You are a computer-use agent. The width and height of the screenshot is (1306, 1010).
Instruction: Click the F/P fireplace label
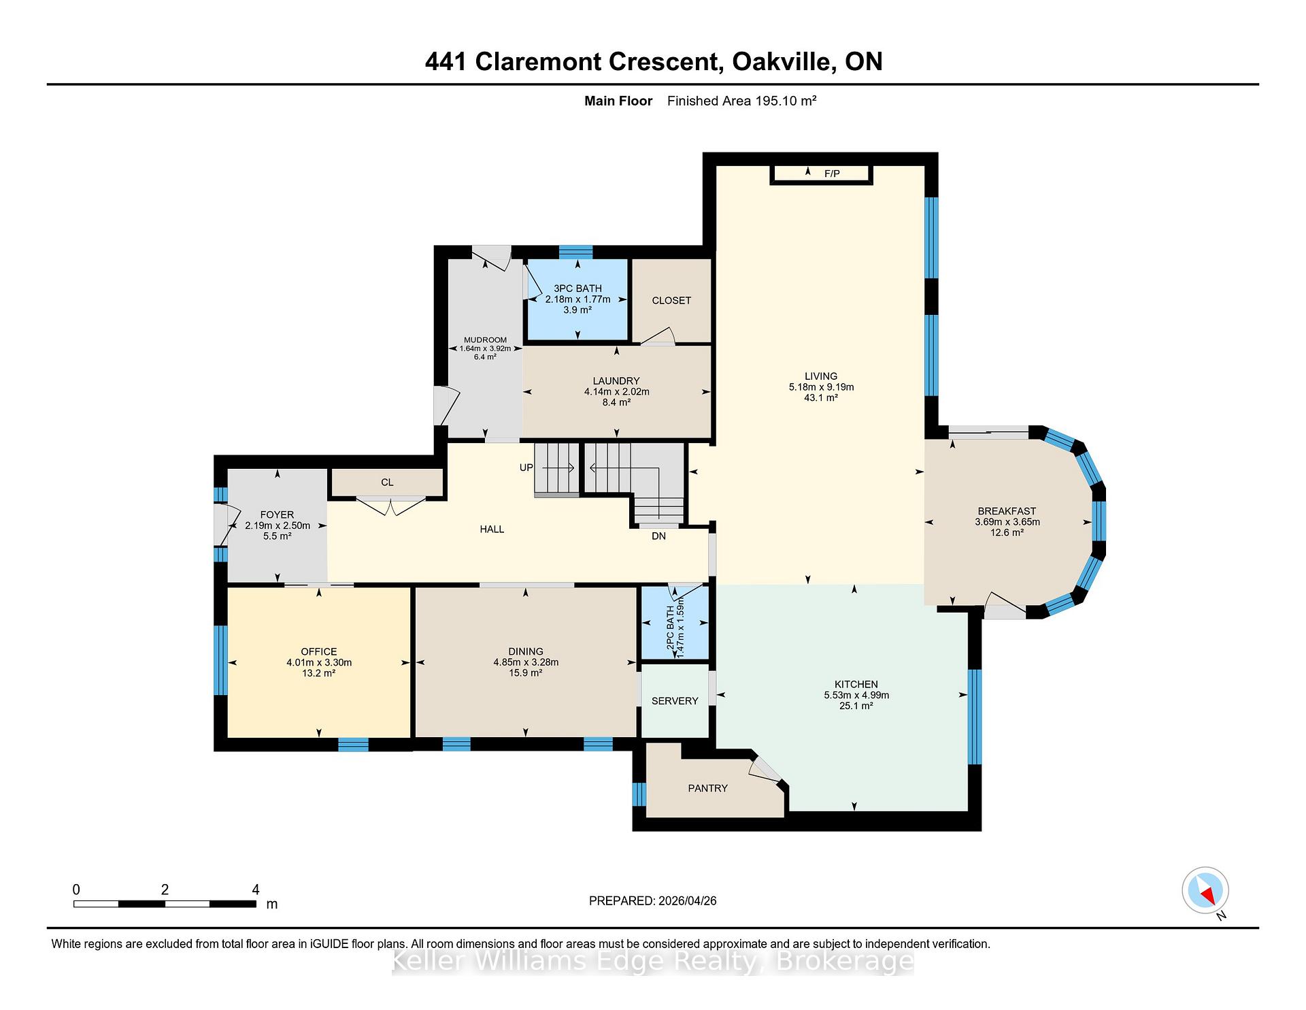[x=832, y=174]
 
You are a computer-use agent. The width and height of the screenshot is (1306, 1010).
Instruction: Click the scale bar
[x=165, y=904]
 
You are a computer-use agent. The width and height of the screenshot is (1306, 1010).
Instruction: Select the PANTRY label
[x=707, y=788]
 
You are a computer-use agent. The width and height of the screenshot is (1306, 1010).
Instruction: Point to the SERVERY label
[x=675, y=701]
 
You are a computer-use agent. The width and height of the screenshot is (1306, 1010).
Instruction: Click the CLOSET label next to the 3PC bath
[x=671, y=300]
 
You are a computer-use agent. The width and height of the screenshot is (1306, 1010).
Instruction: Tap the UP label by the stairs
[x=526, y=468]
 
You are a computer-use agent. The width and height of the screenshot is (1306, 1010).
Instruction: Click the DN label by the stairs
[x=658, y=536]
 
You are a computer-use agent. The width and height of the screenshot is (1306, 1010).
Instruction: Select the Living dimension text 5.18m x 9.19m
[x=821, y=387]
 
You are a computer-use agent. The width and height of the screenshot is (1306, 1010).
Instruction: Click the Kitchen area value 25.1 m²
[x=856, y=706]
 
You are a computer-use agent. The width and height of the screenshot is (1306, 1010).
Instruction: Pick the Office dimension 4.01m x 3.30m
[x=319, y=662]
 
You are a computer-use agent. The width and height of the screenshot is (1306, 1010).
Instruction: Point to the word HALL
[x=492, y=529]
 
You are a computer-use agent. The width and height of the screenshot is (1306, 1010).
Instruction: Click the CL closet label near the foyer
[x=387, y=482]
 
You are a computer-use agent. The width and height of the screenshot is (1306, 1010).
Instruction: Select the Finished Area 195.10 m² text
[x=741, y=101]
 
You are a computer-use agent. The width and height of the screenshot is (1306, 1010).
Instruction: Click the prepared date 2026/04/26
[x=687, y=900]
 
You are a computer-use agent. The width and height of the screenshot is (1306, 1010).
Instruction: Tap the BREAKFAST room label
[x=1007, y=511]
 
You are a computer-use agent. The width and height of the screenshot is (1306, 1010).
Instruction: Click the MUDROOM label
[x=485, y=340]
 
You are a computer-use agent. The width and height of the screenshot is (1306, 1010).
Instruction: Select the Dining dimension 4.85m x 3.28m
[x=526, y=662]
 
